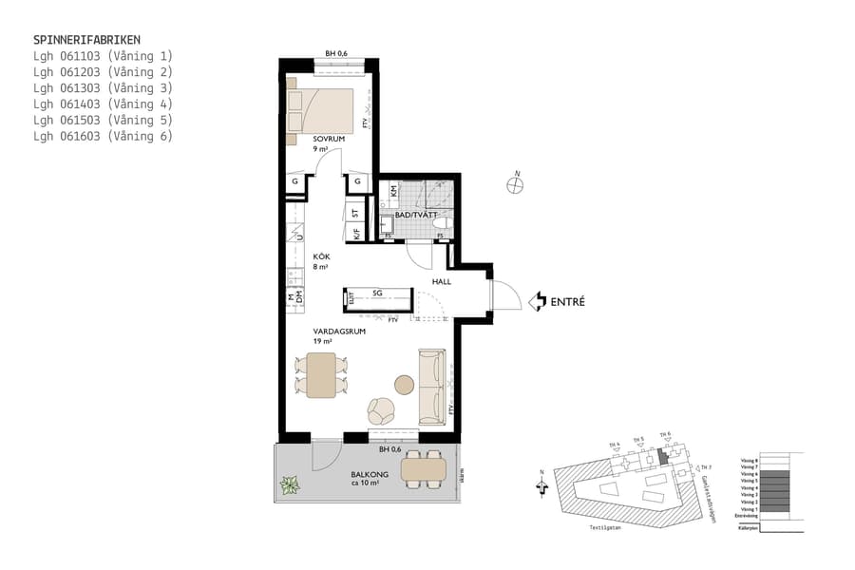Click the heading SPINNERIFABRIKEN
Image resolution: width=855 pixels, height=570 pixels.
[86, 40]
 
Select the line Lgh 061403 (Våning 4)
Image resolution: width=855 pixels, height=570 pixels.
[103, 104]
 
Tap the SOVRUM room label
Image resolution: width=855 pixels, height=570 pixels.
[328, 139]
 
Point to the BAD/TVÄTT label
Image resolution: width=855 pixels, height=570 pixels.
[416, 216]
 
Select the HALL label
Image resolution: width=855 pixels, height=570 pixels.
[441, 282]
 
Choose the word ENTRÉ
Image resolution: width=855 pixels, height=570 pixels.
[567, 303]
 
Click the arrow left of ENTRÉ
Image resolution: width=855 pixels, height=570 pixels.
[537, 302]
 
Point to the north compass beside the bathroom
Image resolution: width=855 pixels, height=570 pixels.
[515, 184]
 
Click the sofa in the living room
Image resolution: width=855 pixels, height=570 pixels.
[431, 387]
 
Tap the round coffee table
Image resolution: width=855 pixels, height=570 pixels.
[405, 385]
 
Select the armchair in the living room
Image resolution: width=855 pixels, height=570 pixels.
[381, 411]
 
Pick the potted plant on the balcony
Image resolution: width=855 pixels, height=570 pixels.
[289, 485]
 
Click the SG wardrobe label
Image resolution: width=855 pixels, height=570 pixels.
[377, 294]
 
